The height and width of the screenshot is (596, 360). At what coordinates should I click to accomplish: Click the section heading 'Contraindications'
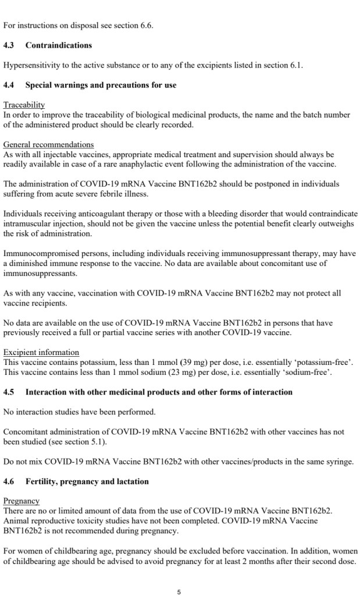point(59,45)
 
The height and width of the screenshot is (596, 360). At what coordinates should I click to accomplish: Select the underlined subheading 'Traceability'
point(24,105)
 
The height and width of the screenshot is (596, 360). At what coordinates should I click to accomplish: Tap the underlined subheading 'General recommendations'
point(48,144)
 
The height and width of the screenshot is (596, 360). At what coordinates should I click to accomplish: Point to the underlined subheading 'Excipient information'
point(41,353)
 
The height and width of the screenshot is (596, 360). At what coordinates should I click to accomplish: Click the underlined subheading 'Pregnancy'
point(22,501)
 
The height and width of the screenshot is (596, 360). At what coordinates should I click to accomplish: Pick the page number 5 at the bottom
point(179,592)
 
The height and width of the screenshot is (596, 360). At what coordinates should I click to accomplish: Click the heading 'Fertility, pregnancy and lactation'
point(87,482)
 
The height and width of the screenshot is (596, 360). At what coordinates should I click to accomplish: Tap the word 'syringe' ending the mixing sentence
point(340,462)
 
